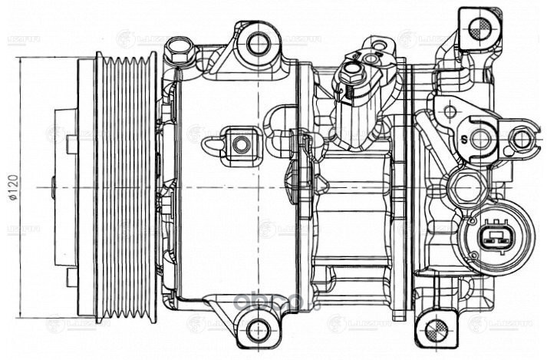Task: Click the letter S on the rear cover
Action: click(464, 139)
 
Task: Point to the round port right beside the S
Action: click(481, 139)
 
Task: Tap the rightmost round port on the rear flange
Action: click(521, 139)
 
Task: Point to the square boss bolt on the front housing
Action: click(240, 143)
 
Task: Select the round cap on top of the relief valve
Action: click(351, 73)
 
